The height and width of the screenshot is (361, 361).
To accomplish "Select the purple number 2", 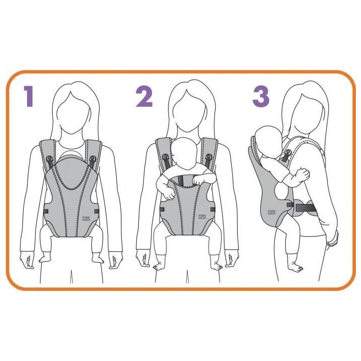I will (x=144, y=96).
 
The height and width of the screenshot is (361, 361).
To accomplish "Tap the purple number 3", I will (x=260, y=97).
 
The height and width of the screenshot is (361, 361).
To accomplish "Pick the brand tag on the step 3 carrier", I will (x=271, y=212).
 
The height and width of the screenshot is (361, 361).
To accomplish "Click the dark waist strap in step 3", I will (x=304, y=206).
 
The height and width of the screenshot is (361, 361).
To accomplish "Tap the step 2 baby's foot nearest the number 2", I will (x=160, y=265).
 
